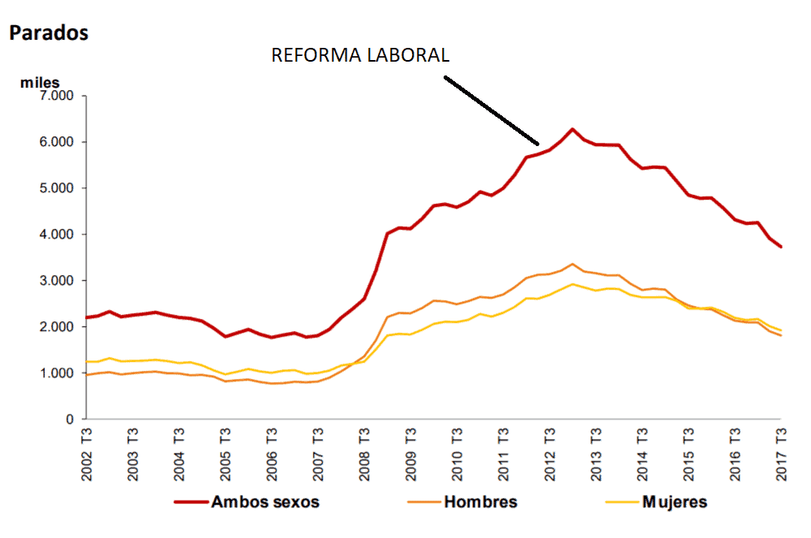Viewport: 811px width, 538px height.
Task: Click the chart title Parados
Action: [48, 33]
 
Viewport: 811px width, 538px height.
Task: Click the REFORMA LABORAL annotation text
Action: [360, 55]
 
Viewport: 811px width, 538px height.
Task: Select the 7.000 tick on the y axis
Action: [56, 96]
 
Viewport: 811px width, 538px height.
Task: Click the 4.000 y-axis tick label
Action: [56, 235]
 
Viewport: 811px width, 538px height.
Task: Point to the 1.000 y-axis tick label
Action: [56, 373]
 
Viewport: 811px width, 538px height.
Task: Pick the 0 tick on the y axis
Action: [70, 420]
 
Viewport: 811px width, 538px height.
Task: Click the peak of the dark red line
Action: [573, 129]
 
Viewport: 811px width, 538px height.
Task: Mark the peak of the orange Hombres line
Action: [573, 264]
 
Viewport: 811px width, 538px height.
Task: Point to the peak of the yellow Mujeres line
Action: [573, 284]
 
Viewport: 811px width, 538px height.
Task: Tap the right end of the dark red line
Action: [781, 247]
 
